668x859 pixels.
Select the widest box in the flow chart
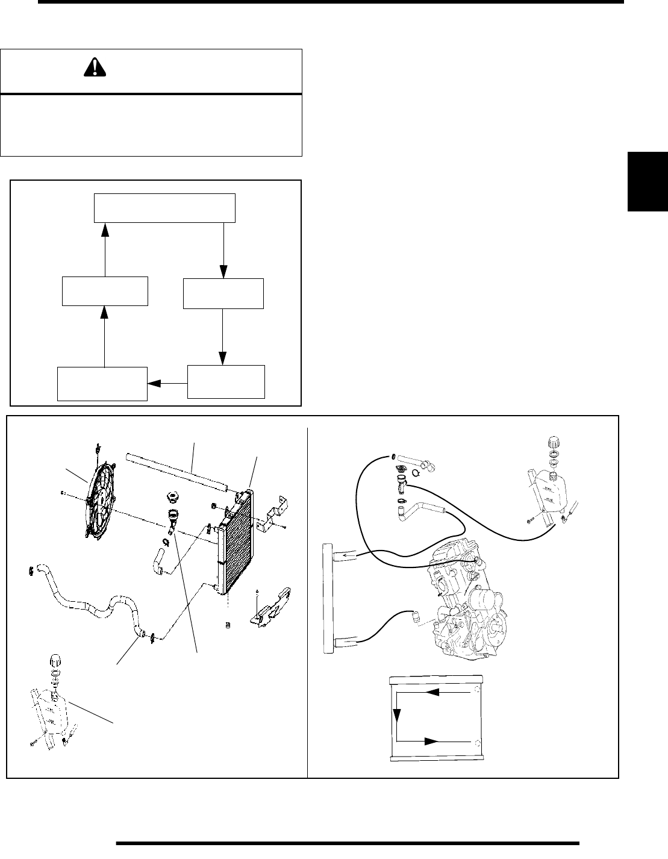tap(164, 208)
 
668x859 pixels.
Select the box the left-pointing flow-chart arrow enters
tap(102, 383)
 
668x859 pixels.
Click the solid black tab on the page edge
tap(648, 181)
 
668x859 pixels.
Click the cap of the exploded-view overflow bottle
tap(54, 660)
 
